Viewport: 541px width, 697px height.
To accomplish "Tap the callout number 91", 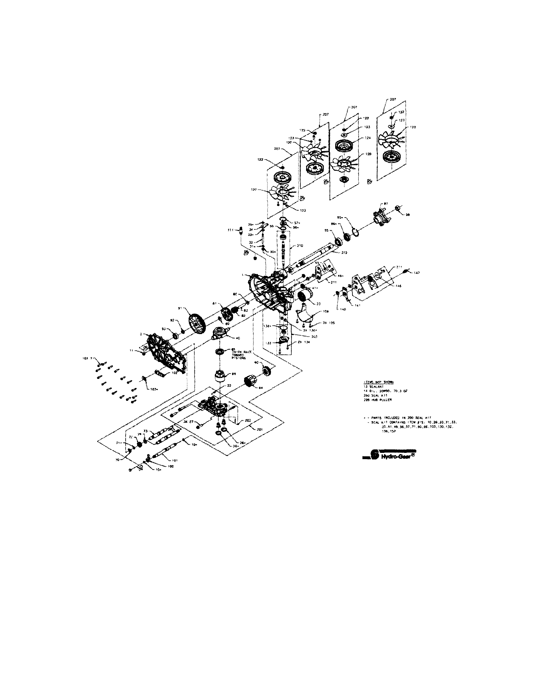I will [179, 309].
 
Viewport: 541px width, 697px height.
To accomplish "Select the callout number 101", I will [175, 460].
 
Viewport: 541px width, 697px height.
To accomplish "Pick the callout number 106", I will [325, 311].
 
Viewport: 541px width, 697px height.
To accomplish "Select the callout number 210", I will [300, 246].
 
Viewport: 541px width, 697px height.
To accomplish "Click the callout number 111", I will [230, 230].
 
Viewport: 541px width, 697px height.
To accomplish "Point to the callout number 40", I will [238, 338].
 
